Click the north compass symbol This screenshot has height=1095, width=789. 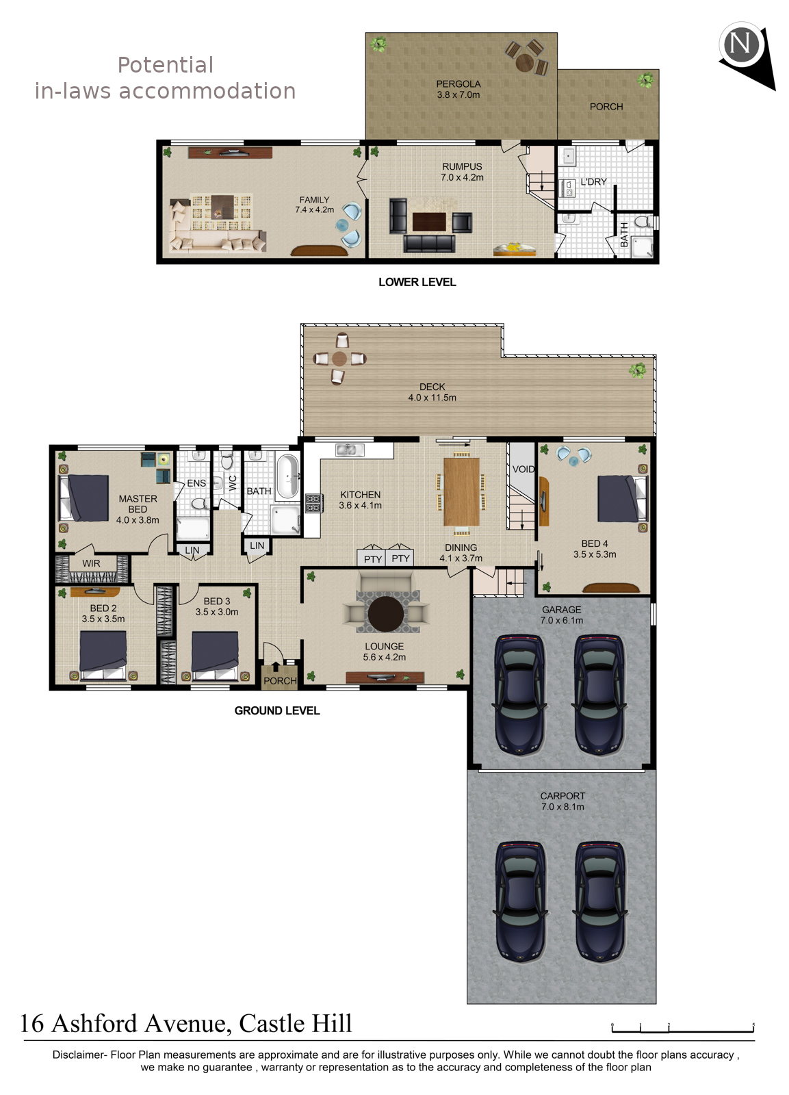[x=746, y=55]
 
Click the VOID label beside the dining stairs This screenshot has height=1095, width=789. [x=523, y=469]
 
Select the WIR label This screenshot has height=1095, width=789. [x=91, y=563]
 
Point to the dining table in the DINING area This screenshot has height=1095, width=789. [x=461, y=491]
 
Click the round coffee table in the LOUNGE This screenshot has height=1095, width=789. [x=386, y=615]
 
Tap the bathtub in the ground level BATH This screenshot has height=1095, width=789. [x=287, y=476]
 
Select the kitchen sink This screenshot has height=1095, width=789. [x=350, y=449]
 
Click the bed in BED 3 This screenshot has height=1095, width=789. [x=215, y=656]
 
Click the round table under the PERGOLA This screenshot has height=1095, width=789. [x=525, y=62]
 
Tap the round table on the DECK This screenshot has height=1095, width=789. [x=339, y=359]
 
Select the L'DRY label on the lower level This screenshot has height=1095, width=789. [x=593, y=182]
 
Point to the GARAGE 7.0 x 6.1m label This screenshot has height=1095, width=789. [x=562, y=615]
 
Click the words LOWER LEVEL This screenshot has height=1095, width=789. [x=417, y=282]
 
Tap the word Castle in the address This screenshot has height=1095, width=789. [x=271, y=1024]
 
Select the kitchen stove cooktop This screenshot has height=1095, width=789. [x=313, y=503]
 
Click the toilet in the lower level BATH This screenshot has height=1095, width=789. [x=644, y=222]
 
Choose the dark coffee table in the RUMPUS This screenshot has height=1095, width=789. [x=429, y=222]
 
